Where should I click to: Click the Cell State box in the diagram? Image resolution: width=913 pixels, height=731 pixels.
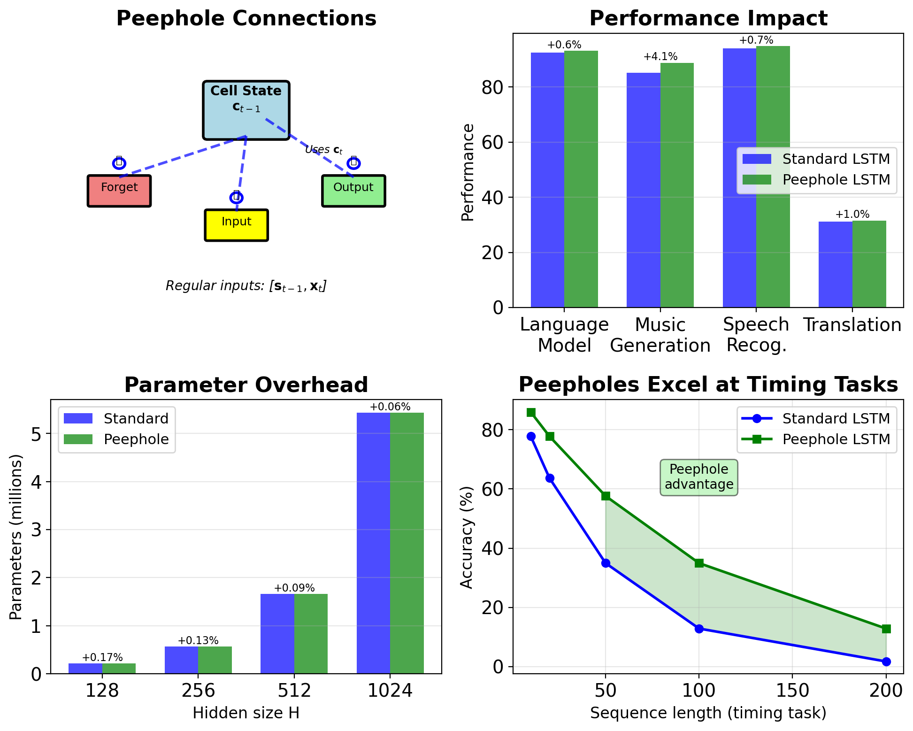(x=246, y=110)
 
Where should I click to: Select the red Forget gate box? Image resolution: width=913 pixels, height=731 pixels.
(x=119, y=191)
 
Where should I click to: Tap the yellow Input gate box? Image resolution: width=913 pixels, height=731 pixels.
(x=236, y=225)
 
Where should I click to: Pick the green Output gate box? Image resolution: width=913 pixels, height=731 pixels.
(x=353, y=191)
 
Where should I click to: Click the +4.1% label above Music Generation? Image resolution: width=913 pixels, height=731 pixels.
(x=660, y=57)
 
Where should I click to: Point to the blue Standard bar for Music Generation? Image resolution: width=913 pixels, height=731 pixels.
(x=644, y=190)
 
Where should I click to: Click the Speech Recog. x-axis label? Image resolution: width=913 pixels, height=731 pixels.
(x=756, y=335)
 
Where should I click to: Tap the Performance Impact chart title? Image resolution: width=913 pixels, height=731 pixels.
(x=708, y=19)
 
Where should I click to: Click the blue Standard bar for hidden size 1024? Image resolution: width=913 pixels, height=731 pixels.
(x=374, y=543)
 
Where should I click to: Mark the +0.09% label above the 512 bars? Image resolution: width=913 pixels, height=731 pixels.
(x=294, y=588)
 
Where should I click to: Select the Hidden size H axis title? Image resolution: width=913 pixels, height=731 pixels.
(x=246, y=713)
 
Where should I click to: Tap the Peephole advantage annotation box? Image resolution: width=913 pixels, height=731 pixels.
(x=699, y=477)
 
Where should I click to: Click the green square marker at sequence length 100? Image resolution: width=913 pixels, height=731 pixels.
(x=699, y=563)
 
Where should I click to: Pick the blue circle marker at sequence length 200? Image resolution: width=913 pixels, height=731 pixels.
(x=886, y=662)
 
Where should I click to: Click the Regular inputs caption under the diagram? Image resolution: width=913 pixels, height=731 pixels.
(x=246, y=286)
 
